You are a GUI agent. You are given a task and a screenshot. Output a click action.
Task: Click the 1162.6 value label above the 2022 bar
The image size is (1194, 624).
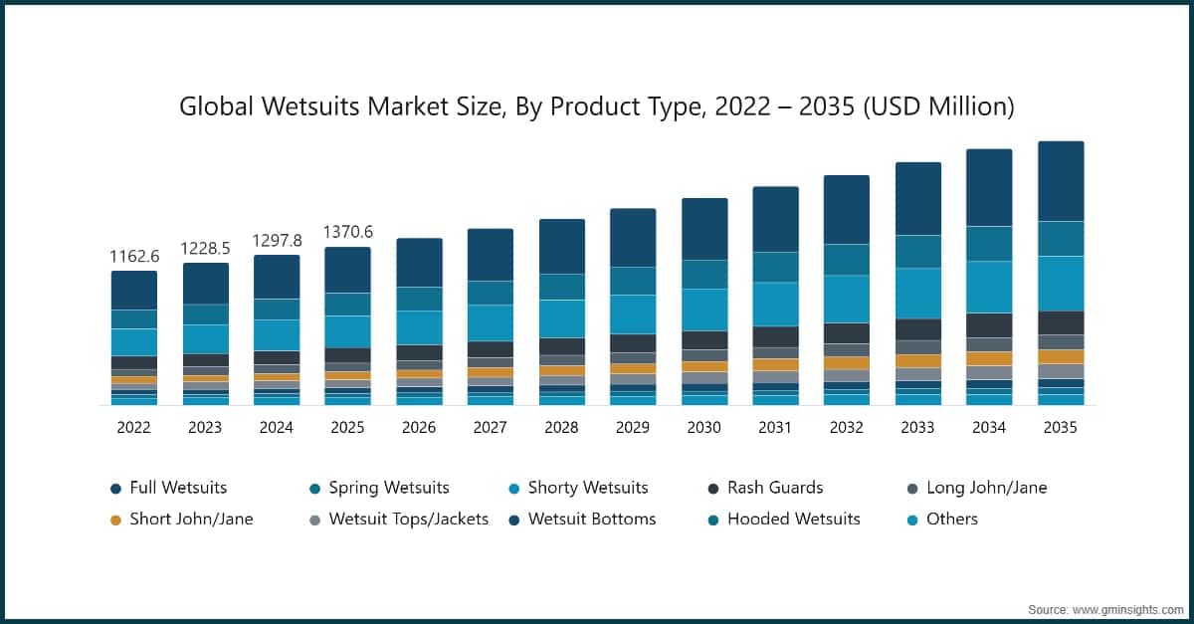tap(133, 257)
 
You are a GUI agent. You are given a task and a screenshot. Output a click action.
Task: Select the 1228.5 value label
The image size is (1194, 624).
tap(205, 249)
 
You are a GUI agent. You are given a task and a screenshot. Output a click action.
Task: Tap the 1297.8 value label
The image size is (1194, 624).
tap(277, 241)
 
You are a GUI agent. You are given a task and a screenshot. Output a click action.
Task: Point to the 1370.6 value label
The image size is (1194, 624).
tap(347, 232)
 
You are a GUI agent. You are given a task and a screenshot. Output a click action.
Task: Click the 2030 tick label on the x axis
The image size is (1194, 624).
tap(703, 428)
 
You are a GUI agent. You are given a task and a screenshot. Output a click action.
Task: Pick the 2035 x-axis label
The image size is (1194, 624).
tap(1061, 428)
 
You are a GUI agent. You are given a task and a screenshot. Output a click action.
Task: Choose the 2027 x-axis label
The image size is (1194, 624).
tap(490, 428)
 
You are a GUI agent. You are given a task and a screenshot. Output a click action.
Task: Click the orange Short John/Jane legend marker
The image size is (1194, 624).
tap(115, 520)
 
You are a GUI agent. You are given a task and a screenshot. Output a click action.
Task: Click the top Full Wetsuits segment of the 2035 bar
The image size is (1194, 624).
tap(1061, 180)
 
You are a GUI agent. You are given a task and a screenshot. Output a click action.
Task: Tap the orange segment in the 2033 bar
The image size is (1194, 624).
tap(917, 361)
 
